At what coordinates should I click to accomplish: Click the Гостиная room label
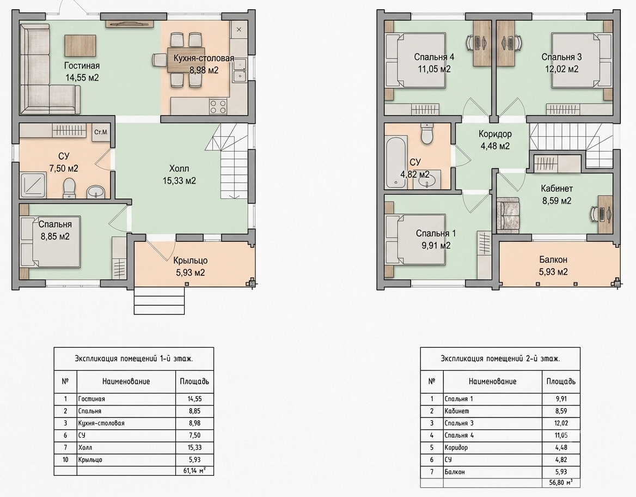pos(82,66)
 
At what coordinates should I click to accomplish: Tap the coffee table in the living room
pos(80,45)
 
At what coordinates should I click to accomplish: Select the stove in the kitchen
pos(218,106)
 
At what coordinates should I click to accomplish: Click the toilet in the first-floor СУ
pos(69,189)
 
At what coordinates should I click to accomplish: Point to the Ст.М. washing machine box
pos(101,132)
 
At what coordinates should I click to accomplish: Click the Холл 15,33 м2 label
pos(179,174)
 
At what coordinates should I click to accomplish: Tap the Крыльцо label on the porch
pos(190,260)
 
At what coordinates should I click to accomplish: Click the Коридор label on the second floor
pos(495,134)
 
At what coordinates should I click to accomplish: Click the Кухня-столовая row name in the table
pos(101,423)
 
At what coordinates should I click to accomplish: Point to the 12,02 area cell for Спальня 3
pos(561,423)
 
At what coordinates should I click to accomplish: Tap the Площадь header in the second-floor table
pos(561,381)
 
